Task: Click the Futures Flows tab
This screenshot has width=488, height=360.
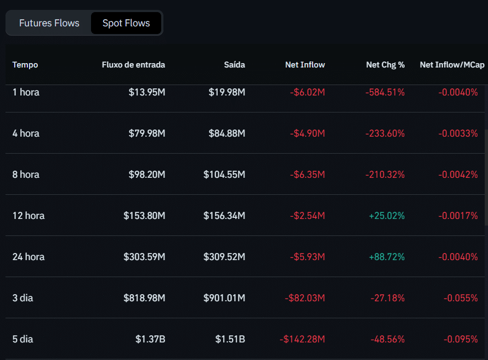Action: point(49,23)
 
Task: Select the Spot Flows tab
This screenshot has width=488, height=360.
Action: point(126,23)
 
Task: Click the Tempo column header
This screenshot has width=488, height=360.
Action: point(25,65)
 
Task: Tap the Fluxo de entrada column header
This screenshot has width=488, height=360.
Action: point(133,65)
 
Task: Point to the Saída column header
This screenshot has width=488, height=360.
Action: point(234,65)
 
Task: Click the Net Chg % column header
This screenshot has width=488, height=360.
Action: point(385,65)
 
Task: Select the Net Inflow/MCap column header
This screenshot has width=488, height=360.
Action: point(452,65)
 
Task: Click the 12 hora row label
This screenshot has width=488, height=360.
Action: point(29,216)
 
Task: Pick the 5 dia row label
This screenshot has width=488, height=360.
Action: point(23,339)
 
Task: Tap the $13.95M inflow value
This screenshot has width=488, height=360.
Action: point(146,92)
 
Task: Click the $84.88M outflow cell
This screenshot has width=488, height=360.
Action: point(226,133)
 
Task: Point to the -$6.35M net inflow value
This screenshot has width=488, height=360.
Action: point(307,175)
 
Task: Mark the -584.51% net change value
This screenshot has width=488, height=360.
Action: point(384,92)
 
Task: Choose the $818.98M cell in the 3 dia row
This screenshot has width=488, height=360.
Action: point(144,298)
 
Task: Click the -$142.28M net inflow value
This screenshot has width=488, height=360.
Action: point(302,339)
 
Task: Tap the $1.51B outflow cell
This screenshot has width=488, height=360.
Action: point(230,339)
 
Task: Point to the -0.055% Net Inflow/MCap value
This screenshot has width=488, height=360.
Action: point(460,298)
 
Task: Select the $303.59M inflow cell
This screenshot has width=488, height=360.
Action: point(144,257)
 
